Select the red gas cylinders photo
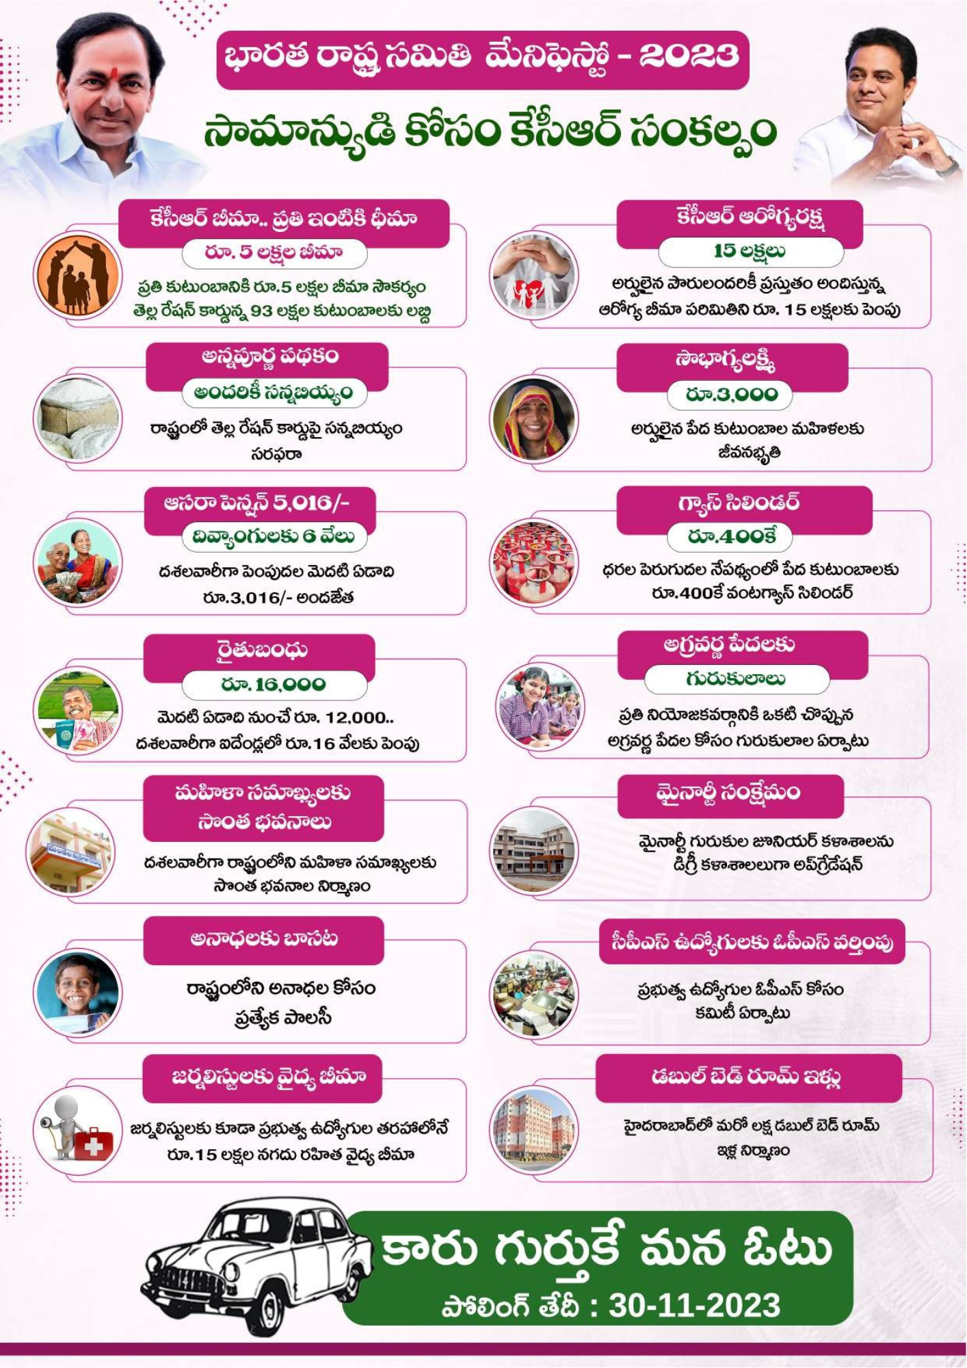coord(534,562)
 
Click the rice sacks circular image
coord(77,418)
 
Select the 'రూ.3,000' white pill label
coord(730,395)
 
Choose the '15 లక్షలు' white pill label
coord(750,252)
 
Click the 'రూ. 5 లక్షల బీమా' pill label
coord(274,253)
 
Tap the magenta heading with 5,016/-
coord(259,503)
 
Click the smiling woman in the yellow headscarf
coord(534,419)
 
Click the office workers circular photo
coord(534,994)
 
